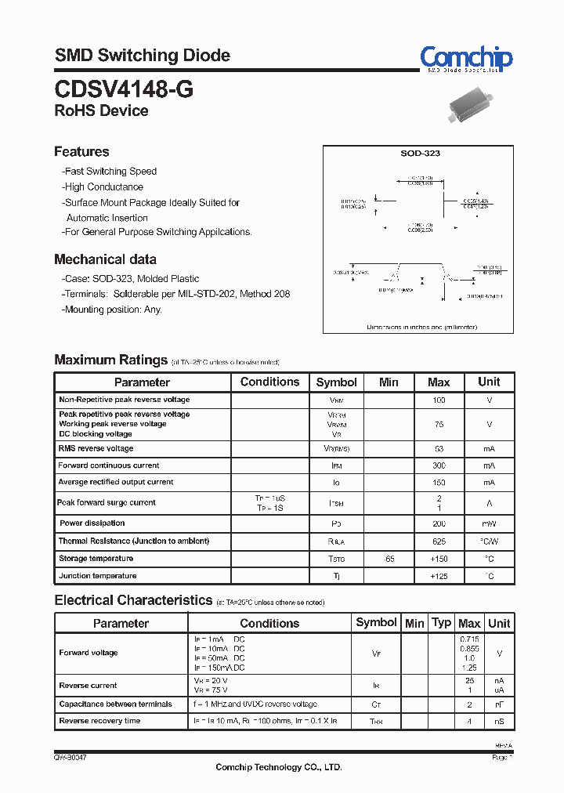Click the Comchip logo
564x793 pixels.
(x=466, y=59)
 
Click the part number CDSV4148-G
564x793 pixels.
(x=124, y=89)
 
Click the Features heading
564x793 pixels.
(x=81, y=151)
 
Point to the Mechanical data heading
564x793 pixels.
(x=105, y=259)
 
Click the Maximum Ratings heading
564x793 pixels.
(x=110, y=360)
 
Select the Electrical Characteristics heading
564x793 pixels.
(x=133, y=600)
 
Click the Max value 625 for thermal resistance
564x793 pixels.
(x=439, y=541)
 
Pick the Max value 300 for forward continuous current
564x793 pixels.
(x=439, y=465)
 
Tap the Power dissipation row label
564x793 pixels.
(x=92, y=523)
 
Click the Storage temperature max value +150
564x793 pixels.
(x=439, y=559)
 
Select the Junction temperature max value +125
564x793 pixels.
(x=439, y=576)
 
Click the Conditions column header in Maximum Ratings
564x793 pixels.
(x=269, y=382)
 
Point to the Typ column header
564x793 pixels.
(x=442, y=623)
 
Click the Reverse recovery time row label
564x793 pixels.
(x=99, y=721)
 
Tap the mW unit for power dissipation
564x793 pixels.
(x=489, y=523)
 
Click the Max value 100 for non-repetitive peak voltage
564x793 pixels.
(x=439, y=400)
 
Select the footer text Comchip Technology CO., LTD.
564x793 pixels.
(x=279, y=768)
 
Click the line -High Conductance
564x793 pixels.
(x=103, y=187)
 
